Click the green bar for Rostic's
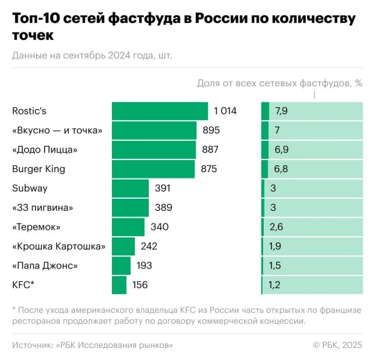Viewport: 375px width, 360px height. click(x=160, y=111)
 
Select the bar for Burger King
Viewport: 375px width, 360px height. click(x=153, y=169)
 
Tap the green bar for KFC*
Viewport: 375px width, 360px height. click(x=119, y=285)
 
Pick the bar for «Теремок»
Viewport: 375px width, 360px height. click(x=128, y=227)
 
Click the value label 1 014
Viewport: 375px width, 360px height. click(x=225, y=111)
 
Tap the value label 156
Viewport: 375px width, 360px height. click(x=140, y=285)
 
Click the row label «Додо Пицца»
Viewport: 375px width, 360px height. click(x=45, y=150)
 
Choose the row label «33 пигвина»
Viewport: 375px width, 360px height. click(x=42, y=208)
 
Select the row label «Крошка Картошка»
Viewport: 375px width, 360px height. click(x=58, y=246)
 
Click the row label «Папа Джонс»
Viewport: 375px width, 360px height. click(x=45, y=265)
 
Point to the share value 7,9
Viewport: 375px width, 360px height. click(x=281, y=111)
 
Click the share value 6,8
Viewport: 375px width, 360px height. click(x=281, y=169)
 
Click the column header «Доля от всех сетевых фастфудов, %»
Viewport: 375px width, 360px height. click(x=279, y=83)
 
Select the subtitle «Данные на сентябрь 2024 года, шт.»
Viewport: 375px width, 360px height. click(x=92, y=55)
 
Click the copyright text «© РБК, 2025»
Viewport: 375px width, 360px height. click(x=337, y=345)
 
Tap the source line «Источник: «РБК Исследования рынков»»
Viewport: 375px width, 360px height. click(x=92, y=345)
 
